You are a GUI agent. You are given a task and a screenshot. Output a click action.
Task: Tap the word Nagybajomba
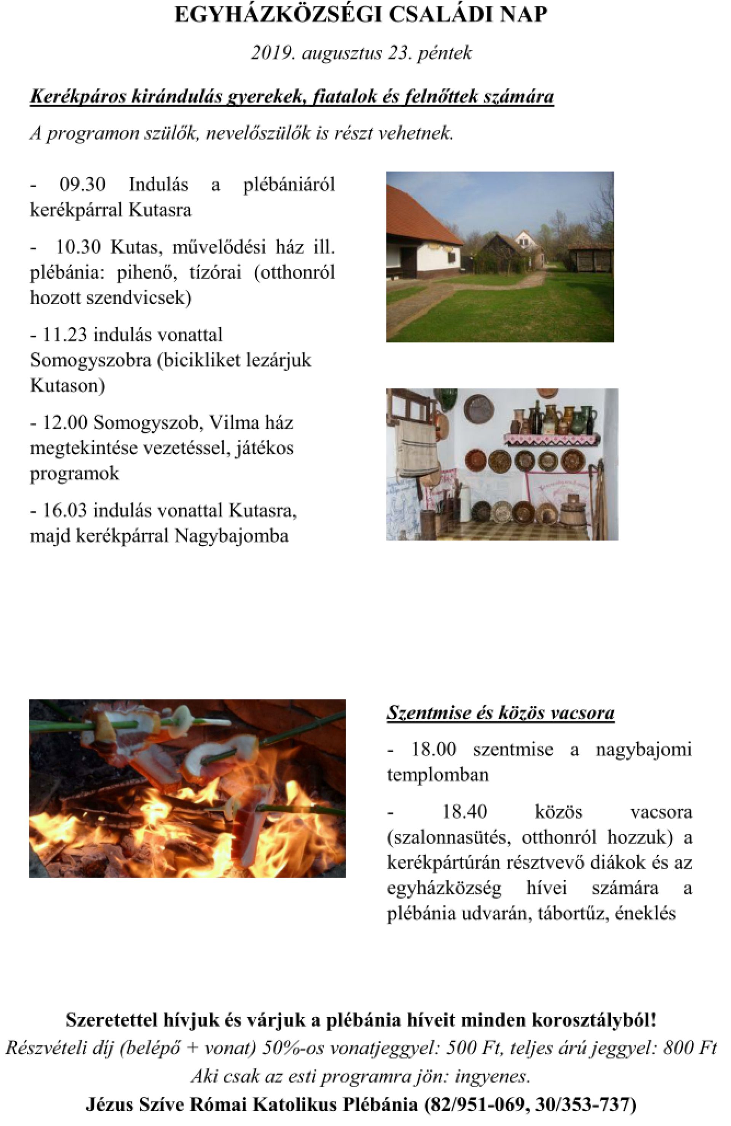tap(231, 536)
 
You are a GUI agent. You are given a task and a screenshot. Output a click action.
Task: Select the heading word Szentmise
tap(428, 713)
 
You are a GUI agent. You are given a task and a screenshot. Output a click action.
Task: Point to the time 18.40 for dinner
tap(464, 812)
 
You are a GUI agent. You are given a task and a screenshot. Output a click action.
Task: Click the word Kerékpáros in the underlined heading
tap(78, 97)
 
